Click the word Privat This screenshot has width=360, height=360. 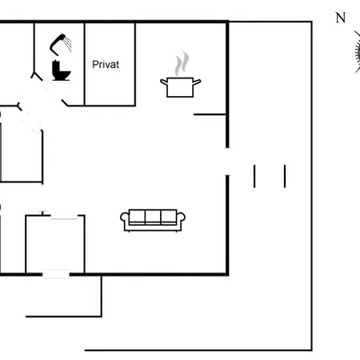click(106, 65)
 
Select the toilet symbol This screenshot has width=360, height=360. click(61, 70)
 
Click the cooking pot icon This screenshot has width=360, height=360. click(180, 87)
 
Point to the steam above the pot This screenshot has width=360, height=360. click(182, 64)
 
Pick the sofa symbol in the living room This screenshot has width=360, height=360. click(153, 221)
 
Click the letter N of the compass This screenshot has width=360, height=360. click(341, 18)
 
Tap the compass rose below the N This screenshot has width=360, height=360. click(358, 52)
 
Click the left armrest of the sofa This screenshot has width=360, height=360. click(125, 218)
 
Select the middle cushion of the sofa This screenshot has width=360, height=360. click(153, 217)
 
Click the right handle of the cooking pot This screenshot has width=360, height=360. click(197, 82)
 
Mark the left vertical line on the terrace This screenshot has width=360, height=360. click(254, 176)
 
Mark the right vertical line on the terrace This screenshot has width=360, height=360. click(285, 176)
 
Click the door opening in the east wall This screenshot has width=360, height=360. click(227, 162)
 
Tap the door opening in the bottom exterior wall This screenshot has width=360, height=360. click(56, 274)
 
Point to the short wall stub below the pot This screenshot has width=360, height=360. click(210, 114)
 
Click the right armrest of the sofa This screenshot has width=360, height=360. click(181, 218)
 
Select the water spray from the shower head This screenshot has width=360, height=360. click(68, 45)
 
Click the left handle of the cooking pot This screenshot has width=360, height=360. click(164, 82)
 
